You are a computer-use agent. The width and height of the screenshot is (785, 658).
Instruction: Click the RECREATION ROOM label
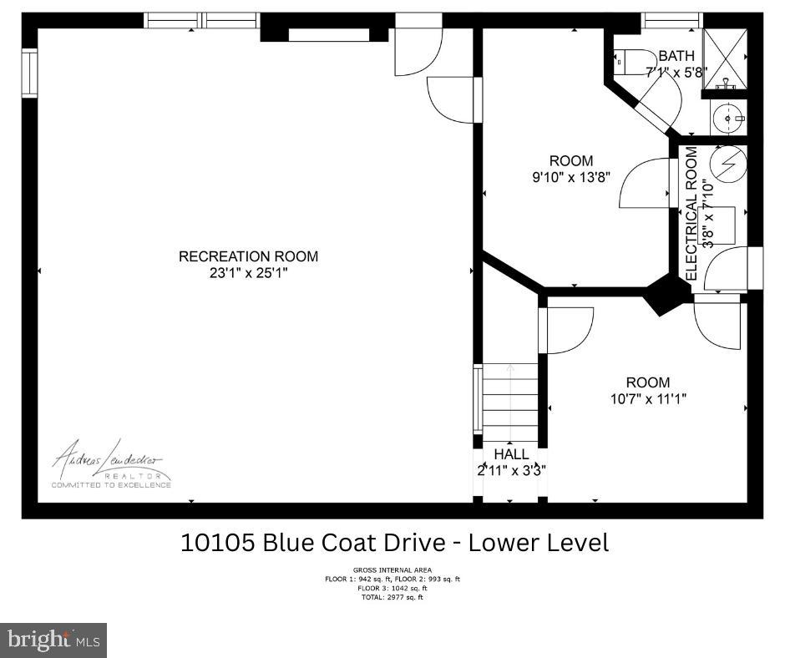248,256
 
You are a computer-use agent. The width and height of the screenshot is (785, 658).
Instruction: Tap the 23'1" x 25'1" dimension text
248,272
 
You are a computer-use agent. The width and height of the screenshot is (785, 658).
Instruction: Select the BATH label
676,56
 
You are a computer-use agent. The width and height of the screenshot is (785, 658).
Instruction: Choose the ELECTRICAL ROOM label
691,214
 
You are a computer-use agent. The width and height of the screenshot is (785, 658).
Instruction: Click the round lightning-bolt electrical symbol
729,164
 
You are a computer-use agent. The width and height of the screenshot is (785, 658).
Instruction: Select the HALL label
511,454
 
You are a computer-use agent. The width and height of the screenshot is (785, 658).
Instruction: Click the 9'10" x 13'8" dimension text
571,177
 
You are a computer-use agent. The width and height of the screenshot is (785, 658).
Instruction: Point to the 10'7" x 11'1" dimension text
648,399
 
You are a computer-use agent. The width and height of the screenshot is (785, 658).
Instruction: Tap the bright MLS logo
53,640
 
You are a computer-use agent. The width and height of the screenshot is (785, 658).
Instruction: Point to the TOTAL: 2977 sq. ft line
392,597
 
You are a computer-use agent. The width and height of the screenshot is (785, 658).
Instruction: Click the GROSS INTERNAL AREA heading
392,571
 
